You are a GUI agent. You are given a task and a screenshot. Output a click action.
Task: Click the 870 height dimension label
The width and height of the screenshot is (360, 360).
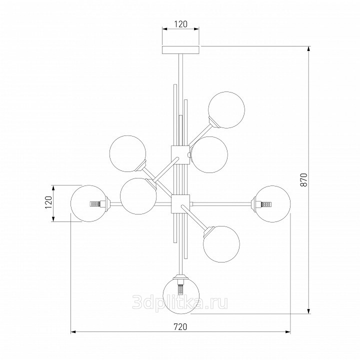coord(304,180)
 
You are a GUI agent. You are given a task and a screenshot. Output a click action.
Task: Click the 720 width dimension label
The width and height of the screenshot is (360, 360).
coord(180,326)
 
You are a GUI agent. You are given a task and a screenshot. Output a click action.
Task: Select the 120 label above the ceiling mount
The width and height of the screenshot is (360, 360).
coord(180,24)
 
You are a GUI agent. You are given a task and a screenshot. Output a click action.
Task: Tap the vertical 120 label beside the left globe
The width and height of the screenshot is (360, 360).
coord(48,202)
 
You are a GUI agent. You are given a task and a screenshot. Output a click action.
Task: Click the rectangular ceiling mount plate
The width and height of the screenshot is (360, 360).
coord(180,50)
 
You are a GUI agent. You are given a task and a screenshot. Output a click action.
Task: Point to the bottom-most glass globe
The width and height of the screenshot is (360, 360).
coord(181,295)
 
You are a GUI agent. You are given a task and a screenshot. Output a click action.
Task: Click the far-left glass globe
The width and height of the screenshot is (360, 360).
coord(89,203)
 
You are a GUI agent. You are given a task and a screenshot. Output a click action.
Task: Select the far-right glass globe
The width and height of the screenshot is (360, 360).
coord(272,204)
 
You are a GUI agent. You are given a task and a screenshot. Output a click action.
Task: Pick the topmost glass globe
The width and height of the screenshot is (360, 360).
coord(226,109)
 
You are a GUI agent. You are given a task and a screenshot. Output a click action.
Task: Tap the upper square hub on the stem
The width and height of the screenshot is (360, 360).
coord(180,154)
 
